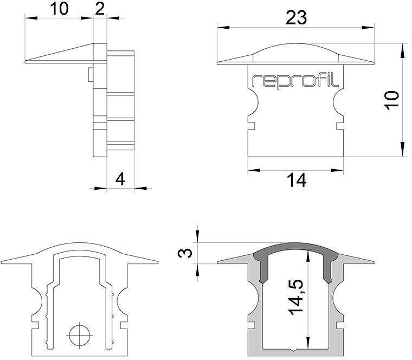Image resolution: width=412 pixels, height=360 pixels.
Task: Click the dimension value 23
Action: (x=295, y=17)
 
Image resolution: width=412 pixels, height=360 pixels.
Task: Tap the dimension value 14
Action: (x=296, y=181)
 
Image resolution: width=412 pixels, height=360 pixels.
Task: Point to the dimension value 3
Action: (x=186, y=253)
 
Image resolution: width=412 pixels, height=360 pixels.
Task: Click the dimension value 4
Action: (x=120, y=179)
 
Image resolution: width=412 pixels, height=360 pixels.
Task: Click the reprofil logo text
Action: (x=295, y=81)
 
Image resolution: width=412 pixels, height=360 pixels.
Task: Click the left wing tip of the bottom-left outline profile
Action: (x=4, y=262)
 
